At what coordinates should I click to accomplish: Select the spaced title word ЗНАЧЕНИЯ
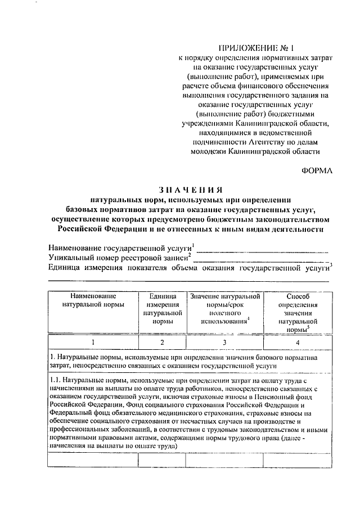click(x=190, y=190)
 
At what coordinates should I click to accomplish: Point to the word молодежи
click(x=210, y=151)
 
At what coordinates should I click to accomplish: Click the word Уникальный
click(x=70, y=258)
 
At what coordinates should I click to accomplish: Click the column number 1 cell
click(x=93, y=342)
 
